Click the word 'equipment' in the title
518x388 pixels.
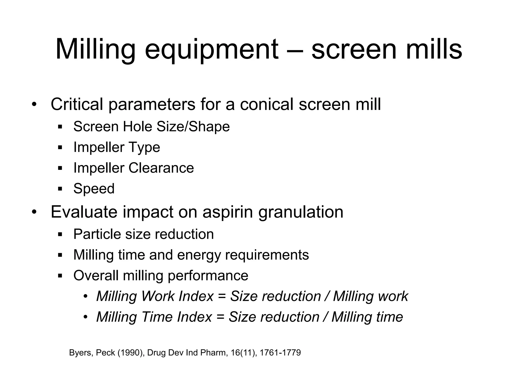click(211, 49)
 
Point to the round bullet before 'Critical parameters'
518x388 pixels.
click(34, 105)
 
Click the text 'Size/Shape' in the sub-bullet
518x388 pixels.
click(193, 127)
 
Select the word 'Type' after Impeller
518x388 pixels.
click(144, 147)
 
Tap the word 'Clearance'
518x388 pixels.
click(161, 168)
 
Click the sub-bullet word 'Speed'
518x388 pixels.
click(94, 189)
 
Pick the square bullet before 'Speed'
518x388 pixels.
click(60, 189)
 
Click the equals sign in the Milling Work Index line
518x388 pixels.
click(222, 296)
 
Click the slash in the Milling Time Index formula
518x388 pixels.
click(326, 317)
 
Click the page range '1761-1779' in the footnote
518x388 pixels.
click(280, 353)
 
